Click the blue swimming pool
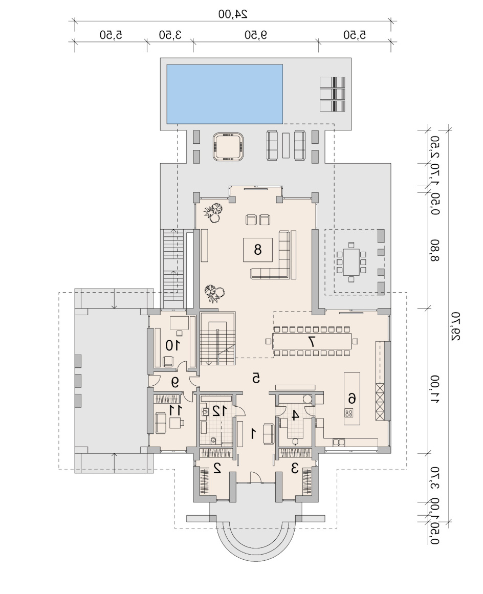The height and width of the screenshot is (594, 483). pyautogui.click(x=225, y=94)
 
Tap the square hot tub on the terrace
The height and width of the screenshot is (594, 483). pyautogui.click(x=228, y=147)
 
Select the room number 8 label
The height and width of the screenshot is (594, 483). pyautogui.click(x=257, y=250)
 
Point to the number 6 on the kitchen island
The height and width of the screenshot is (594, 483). pyautogui.click(x=352, y=398)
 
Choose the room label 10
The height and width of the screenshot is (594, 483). pyautogui.click(x=172, y=345)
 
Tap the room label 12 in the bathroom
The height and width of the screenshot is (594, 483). pyautogui.click(x=219, y=411)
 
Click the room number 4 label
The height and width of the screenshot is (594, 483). pyautogui.click(x=295, y=415)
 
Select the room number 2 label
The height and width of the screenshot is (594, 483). pyautogui.click(x=217, y=469)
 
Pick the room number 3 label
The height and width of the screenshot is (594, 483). pyautogui.click(x=295, y=469)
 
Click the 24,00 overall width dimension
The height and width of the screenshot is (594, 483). pyautogui.click(x=233, y=14)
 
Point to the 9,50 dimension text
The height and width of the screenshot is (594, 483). pyautogui.click(x=256, y=35)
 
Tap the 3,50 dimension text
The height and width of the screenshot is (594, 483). pyautogui.click(x=170, y=35)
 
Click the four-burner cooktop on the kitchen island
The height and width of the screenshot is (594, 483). pyautogui.click(x=348, y=412)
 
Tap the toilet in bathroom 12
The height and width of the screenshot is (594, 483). pyautogui.click(x=213, y=440)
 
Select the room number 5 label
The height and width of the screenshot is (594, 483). pyautogui.click(x=256, y=378)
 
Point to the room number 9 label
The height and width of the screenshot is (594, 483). pyautogui.click(x=174, y=383)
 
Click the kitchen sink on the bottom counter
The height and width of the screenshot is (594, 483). pyautogui.click(x=338, y=442)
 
